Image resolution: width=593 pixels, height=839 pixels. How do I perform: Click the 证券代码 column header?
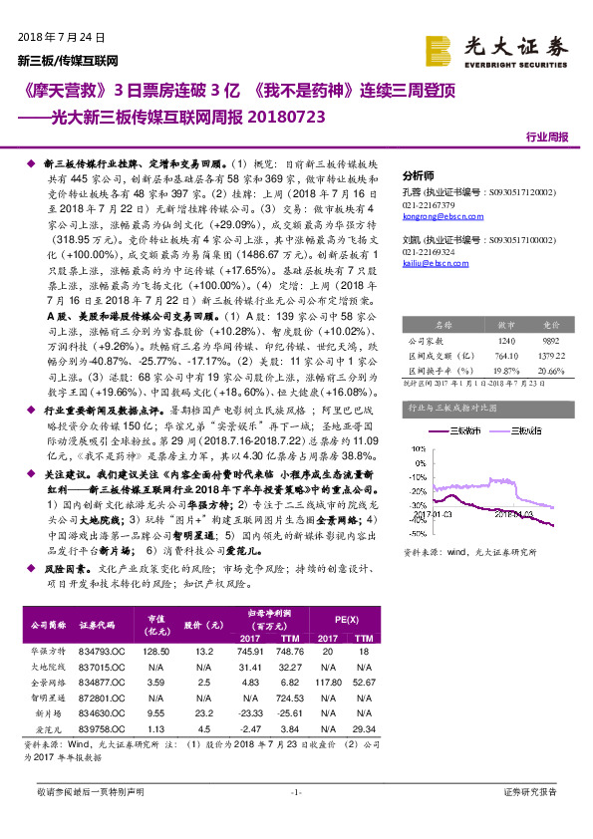(x=100, y=626)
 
